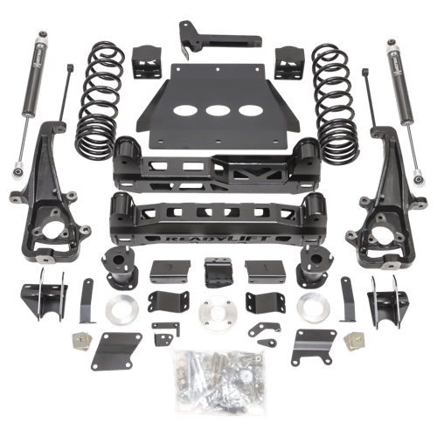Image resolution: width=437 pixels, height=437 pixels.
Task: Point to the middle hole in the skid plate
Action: [x=218, y=112]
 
